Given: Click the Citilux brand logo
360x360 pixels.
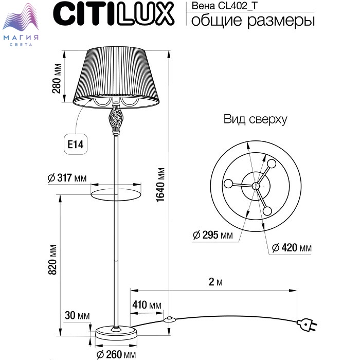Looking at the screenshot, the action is (x=114, y=13).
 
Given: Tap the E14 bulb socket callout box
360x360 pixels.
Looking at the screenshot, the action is (x=76, y=144).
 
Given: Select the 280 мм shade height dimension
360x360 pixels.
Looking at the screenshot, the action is (x=57, y=78).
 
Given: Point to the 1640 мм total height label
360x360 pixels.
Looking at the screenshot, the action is (x=160, y=185).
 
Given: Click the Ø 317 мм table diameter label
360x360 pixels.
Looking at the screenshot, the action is (x=67, y=178).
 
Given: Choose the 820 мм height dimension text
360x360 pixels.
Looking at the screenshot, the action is (x=52, y=260).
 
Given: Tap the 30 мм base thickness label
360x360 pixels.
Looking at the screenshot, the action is (x=77, y=315).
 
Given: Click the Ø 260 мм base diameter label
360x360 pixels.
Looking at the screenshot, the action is (x=116, y=354).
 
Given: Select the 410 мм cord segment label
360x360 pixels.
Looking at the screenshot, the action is (x=147, y=305).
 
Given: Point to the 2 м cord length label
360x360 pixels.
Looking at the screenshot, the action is (x=215, y=282).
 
